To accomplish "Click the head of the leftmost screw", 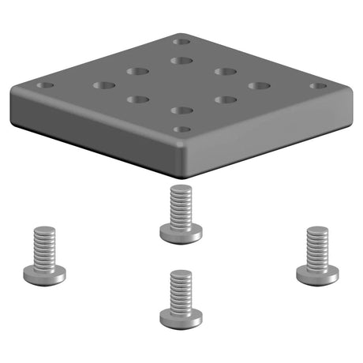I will click(x=44, y=275).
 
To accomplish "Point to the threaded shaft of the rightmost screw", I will click(x=317, y=245).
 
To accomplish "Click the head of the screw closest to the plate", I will click(x=181, y=233).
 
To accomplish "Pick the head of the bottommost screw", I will click(x=181, y=318).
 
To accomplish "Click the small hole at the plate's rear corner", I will click(x=181, y=40).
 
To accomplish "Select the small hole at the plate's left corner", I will click(x=46, y=84).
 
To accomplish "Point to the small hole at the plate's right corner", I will click(x=318, y=85).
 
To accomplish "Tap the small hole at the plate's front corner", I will click(x=181, y=129).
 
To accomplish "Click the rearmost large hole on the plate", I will click(x=181, y=60).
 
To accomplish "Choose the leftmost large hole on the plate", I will click(x=103, y=85).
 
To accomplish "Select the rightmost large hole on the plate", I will click(x=259, y=85).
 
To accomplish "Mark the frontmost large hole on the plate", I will click(x=181, y=110).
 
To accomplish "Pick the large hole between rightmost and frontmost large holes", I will click(x=226, y=99).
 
